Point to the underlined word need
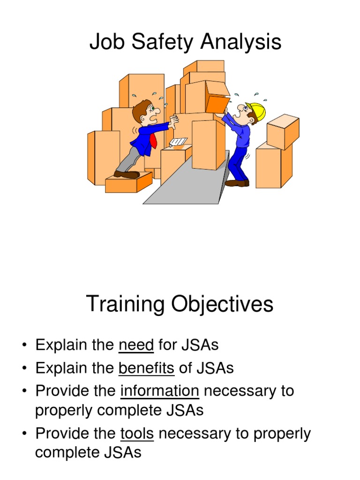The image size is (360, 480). click(136, 345)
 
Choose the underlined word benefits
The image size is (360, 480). click(146, 368)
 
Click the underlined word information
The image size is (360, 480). click(160, 390)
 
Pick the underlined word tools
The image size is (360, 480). click(137, 434)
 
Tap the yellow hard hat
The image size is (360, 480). click(257, 111)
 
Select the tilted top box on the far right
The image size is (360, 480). click(283, 132)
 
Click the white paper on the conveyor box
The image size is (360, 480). click(179, 142)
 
